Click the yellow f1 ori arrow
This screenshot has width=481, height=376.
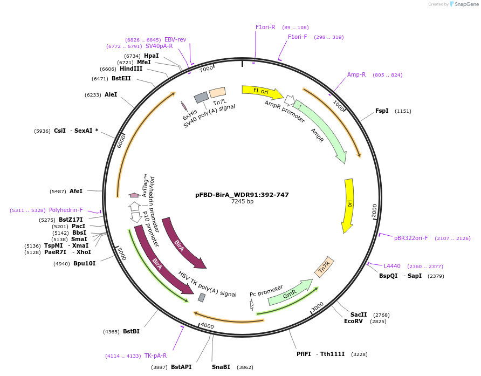click(262, 92)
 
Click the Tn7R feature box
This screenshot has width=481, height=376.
click(325, 266)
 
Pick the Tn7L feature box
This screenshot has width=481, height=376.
click(217, 92)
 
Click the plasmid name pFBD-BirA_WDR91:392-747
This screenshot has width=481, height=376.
click(242, 195)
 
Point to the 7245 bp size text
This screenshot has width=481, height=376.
click(242, 202)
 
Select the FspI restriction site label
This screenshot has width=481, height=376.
click(382, 111)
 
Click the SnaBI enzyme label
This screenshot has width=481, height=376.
click(221, 367)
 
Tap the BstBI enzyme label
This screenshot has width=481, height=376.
click(131, 331)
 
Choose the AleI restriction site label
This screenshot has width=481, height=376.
click(111, 94)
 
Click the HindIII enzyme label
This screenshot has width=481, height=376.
click(131, 69)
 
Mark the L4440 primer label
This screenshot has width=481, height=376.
click(392, 266)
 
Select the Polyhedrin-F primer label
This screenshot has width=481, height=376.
click(66, 210)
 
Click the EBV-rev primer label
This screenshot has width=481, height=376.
click(175, 39)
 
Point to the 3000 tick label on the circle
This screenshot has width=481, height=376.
click(318, 305)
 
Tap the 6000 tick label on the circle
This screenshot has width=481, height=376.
click(121, 141)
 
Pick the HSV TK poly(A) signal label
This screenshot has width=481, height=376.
click(208, 284)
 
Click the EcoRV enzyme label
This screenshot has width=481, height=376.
click(354, 321)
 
